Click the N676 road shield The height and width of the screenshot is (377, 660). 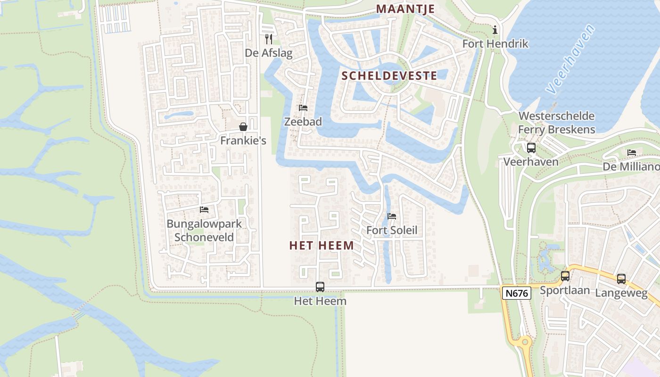(x=516, y=293)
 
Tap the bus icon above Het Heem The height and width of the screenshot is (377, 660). (x=320, y=287)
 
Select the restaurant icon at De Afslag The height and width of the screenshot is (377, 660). (x=269, y=39)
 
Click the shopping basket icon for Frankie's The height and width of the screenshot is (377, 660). (x=243, y=127)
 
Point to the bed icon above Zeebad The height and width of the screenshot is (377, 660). (x=303, y=108)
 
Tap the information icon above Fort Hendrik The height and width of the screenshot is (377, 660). (x=495, y=30)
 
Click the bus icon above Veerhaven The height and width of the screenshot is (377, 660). (x=531, y=148)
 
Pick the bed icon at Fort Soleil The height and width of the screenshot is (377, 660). (x=392, y=216)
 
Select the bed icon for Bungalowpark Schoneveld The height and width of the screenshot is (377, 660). (x=204, y=209)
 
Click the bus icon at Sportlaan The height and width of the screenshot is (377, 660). (x=565, y=276)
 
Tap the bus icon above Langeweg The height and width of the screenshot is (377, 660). (x=621, y=279)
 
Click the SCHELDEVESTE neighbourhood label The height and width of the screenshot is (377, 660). (x=389, y=75)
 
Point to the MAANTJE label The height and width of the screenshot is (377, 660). (x=405, y=9)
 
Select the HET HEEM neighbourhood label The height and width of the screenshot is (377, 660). (x=322, y=246)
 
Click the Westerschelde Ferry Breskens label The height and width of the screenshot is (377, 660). (x=556, y=123)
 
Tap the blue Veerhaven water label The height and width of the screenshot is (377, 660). (x=571, y=58)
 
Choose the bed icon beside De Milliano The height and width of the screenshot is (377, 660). (x=632, y=153)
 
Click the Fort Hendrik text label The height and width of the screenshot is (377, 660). (x=495, y=44)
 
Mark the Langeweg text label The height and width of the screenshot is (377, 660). (x=621, y=293)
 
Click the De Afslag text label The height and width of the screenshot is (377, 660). (x=269, y=53)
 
